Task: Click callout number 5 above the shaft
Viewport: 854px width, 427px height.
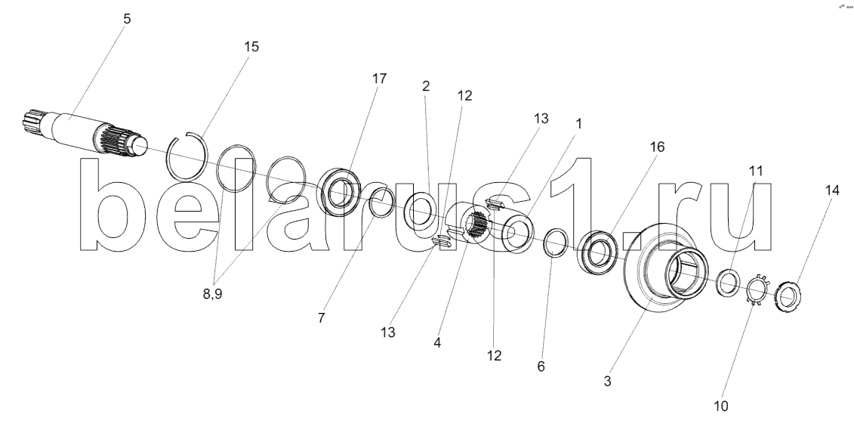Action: [127, 19]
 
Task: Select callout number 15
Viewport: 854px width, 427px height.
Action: [251, 47]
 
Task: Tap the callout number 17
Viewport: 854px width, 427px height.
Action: [379, 79]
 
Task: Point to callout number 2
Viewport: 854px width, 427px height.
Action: [426, 85]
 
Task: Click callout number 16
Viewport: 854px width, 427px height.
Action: [657, 147]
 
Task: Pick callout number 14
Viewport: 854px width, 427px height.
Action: [831, 190]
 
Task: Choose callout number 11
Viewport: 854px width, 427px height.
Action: [755, 171]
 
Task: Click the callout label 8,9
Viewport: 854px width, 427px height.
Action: [212, 294]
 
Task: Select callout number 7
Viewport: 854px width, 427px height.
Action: [322, 318]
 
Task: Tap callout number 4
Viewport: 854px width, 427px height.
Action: [436, 343]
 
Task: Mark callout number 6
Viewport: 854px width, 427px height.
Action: [541, 367]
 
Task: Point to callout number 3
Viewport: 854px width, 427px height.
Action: [607, 381]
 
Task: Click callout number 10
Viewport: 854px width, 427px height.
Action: [720, 407]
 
